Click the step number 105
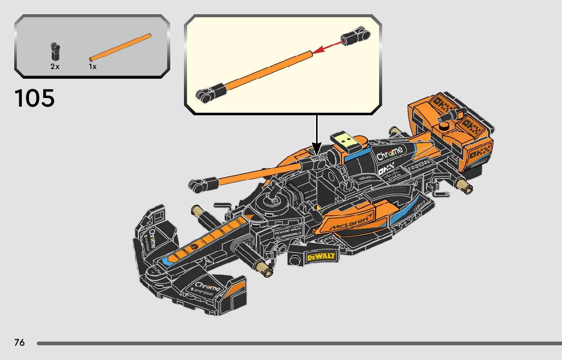click(x=35, y=98)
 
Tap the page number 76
click(x=19, y=342)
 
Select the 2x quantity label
click(x=55, y=67)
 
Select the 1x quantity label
click(x=92, y=67)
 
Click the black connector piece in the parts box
click(x=55, y=51)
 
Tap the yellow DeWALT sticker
click(x=321, y=256)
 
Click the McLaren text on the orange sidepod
click(x=351, y=221)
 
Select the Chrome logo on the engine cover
click(x=390, y=152)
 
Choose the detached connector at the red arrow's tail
click(x=354, y=37)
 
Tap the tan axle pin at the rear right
click(x=464, y=185)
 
